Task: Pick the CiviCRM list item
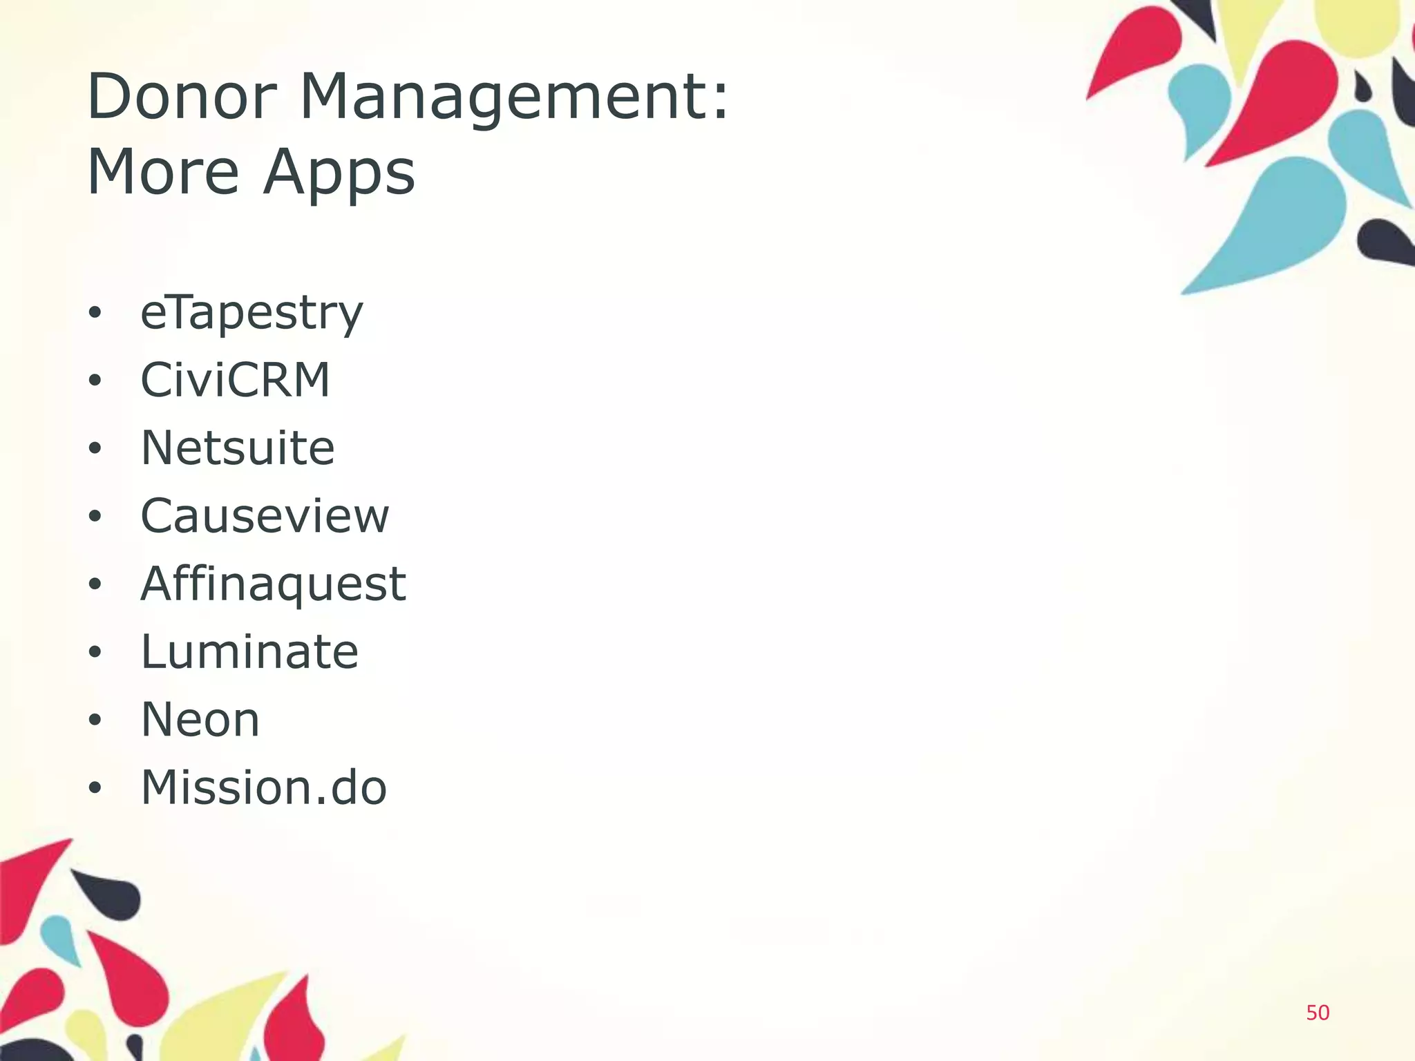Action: point(236,380)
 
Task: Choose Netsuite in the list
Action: point(238,448)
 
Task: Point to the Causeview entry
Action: point(265,515)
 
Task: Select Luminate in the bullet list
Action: point(249,651)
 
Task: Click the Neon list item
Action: point(200,719)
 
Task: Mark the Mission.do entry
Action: point(263,787)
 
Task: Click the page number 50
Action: point(1318,1013)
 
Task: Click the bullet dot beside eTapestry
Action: point(95,313)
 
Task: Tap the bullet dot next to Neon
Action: point(95,720)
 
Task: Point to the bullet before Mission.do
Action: point(95,787)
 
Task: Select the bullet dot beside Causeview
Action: point(95,516)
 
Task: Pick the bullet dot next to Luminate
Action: point(95,652)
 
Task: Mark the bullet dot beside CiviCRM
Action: point(95,381)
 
